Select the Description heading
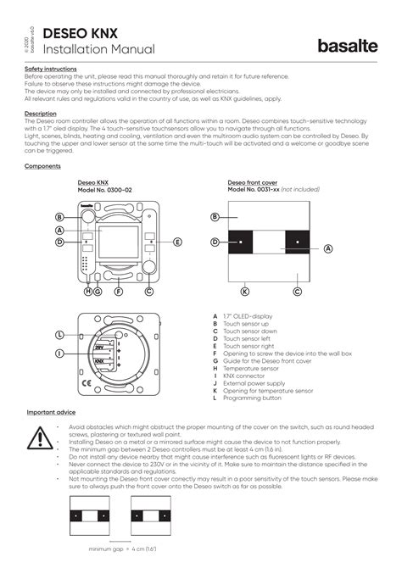41,113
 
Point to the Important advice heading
53,412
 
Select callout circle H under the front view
87,292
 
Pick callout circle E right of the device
178,242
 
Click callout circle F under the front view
118,292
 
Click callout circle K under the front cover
245,292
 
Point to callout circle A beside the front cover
327,248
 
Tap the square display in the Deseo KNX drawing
118,242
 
